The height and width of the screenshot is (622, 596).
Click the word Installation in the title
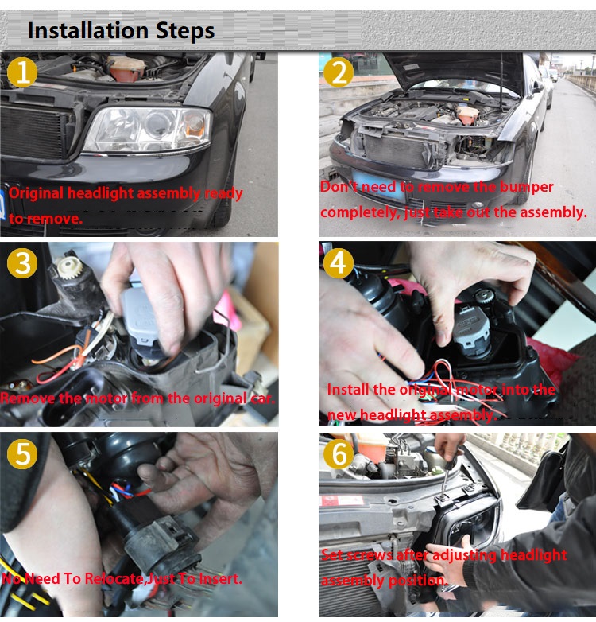coord(88,30)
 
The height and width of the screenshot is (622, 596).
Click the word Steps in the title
coord(185,31)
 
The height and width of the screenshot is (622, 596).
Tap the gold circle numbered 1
coord(22,72)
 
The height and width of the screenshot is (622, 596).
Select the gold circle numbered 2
coord(339,72)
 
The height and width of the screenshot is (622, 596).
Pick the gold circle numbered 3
coord(22,263)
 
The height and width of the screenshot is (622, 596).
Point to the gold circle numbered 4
coord(339,262)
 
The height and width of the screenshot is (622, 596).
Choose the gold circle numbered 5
coord(22,454)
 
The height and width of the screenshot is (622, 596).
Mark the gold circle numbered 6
coord(339,454)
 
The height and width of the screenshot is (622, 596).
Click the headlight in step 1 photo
coord(148,130)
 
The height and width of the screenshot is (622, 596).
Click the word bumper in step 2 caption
coord(526,187)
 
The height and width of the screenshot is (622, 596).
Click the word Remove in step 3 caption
coord(28,398)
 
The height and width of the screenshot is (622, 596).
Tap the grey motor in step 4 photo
coord(471,328)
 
